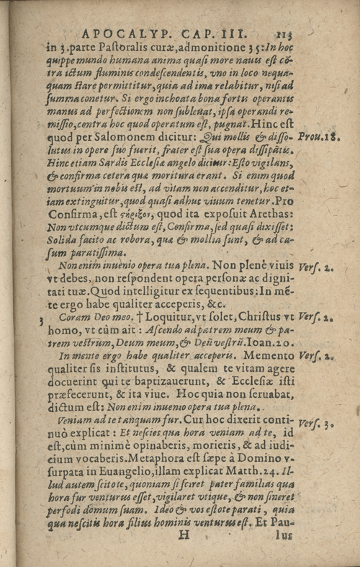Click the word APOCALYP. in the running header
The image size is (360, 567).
[120, 32]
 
